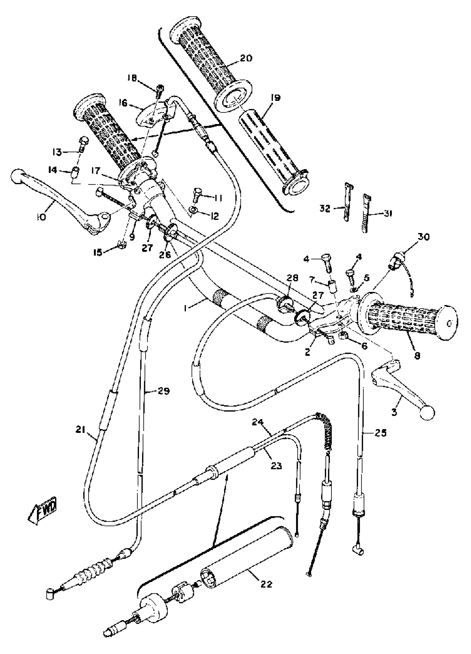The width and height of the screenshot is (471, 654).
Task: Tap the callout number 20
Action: coord(245,58)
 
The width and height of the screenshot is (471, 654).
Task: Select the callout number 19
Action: coord(275,98)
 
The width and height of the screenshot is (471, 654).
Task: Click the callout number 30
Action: coord(423,237)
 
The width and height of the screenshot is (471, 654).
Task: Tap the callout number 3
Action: coord(394,412)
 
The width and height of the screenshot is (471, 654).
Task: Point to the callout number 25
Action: coord(380,433)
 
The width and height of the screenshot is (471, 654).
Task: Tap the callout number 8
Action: coord(417,356)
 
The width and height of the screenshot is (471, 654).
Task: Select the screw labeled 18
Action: coord(160,91)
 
